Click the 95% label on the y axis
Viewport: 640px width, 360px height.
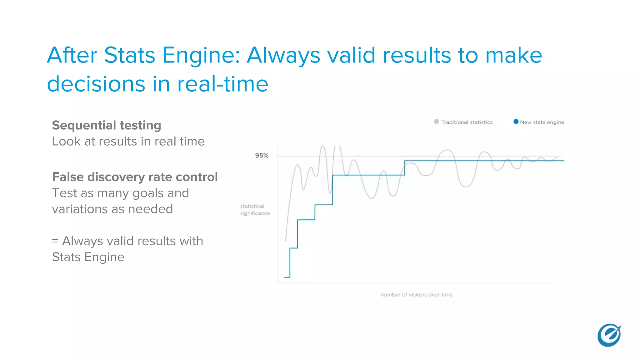tap(262, 156)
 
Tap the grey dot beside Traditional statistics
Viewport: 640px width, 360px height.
tap(436, 122)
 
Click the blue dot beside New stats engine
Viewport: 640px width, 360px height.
tap(516, 122)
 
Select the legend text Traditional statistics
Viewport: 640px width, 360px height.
tap(467, 122)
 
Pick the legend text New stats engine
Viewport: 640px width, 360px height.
tap(542, 122)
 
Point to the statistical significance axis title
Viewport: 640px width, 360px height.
tap(255, 210)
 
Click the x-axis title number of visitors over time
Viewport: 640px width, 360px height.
tap(417, 295)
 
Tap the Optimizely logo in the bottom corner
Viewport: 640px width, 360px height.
tap(609, 335)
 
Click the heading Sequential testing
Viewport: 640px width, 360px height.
tap(107, 125)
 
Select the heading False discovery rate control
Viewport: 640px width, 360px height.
tap(135, 177)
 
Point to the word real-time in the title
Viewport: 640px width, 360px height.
tap(222, 84)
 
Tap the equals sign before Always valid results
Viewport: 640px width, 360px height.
tap(55, 241)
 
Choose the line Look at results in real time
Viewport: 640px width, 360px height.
tap(128, 142)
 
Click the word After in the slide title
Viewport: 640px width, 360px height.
tap(72, 56)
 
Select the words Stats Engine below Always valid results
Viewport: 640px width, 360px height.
tap(88, 257)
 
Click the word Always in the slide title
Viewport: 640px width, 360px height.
tap(283, 56)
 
